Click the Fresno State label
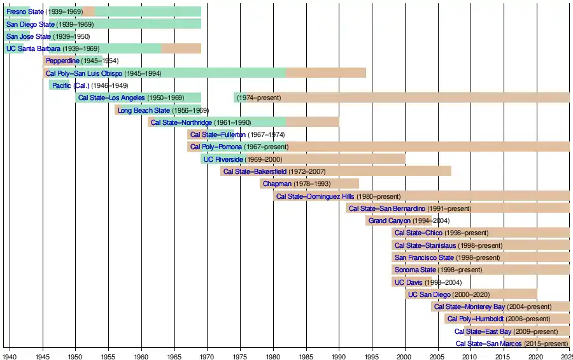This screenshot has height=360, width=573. tap(25, 11)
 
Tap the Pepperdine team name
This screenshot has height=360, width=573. tap(62, 61)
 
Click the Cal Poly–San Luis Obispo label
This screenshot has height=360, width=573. tap(84, 73)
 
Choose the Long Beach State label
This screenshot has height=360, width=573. tap(144, 110)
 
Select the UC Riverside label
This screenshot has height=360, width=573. tap(223, 159)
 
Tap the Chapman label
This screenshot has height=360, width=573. tap(277, 184)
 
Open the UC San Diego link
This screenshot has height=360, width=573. tap(429, 294)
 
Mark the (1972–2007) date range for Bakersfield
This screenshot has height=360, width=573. tap(307, 171)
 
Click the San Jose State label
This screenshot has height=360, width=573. tap(29, 36)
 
